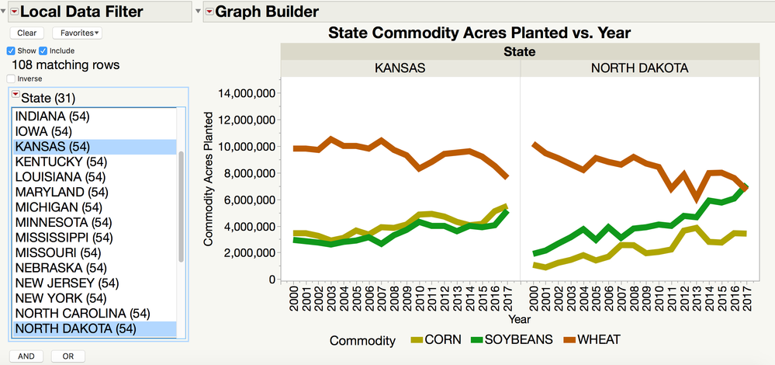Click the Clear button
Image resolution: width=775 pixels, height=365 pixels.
point(26,33)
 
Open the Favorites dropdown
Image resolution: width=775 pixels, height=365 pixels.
point(78,33)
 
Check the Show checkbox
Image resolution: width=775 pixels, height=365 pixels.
point(12,50)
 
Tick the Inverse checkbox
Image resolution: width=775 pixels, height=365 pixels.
point(11,78)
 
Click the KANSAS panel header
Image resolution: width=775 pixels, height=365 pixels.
point(400,68)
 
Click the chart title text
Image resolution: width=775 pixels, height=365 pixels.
point(479,33)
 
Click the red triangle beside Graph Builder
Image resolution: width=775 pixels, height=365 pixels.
point(209,12)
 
